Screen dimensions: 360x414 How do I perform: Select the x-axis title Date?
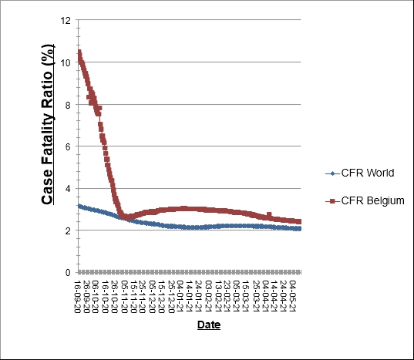[x=208, y=325]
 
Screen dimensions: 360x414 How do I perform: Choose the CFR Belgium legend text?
[x=365, y=200]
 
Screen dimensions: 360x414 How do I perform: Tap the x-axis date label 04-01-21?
[x=181, y=294]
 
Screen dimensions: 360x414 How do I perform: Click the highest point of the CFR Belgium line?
[x=79, y=52]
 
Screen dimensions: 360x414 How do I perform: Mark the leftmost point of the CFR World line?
[x=79, y=206]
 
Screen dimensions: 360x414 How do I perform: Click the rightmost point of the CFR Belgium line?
[x=299, y=221]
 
